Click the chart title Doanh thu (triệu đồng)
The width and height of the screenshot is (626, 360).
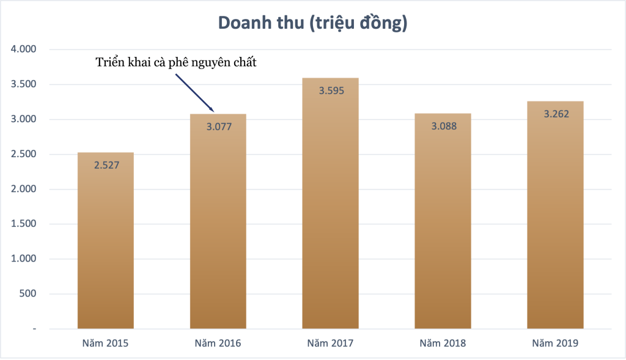[312, 23]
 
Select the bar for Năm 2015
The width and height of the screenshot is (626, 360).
[105, 244]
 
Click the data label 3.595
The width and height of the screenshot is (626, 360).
[330, 91]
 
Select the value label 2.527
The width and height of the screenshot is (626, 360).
[105, 165]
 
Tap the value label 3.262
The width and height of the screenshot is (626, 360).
[555, 114]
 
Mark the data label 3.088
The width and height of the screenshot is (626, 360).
[443, 127]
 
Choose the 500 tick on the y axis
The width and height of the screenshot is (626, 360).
[28, 294]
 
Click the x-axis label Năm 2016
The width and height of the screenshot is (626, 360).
[218, 343]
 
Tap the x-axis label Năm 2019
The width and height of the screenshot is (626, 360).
[555, 343]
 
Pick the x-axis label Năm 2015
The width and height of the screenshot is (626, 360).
[105, 343]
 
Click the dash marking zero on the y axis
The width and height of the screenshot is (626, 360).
[35, 329]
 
